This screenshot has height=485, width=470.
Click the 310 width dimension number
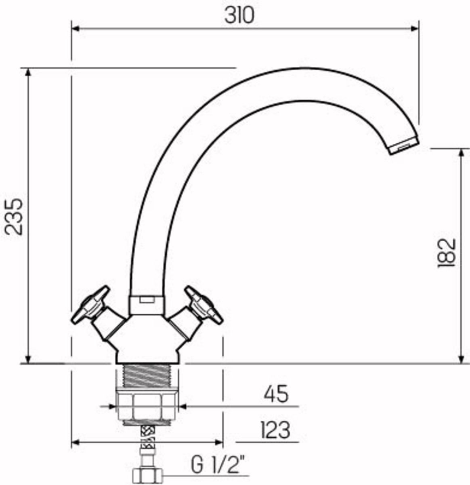pos(239,15)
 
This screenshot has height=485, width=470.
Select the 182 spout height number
pos(447,253)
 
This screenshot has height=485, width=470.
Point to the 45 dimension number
pos(276,394)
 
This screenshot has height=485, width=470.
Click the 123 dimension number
pos(275,430)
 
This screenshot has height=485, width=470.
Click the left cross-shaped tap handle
pos(90,305)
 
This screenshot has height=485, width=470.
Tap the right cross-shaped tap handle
pos(204,305)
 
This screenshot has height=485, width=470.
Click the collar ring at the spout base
pos(147,305)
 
